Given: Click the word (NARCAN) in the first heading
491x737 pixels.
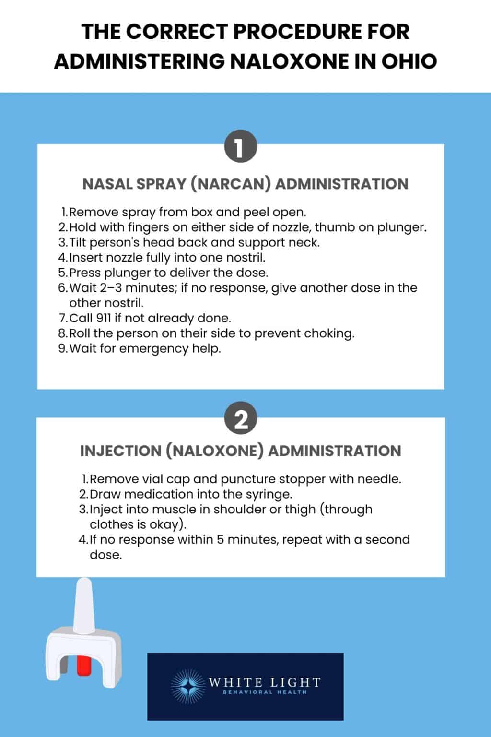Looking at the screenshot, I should coord(231,184).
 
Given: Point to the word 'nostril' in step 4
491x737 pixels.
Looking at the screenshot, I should coord(245,257).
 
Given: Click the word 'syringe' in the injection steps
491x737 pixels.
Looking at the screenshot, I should coord(269,494).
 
